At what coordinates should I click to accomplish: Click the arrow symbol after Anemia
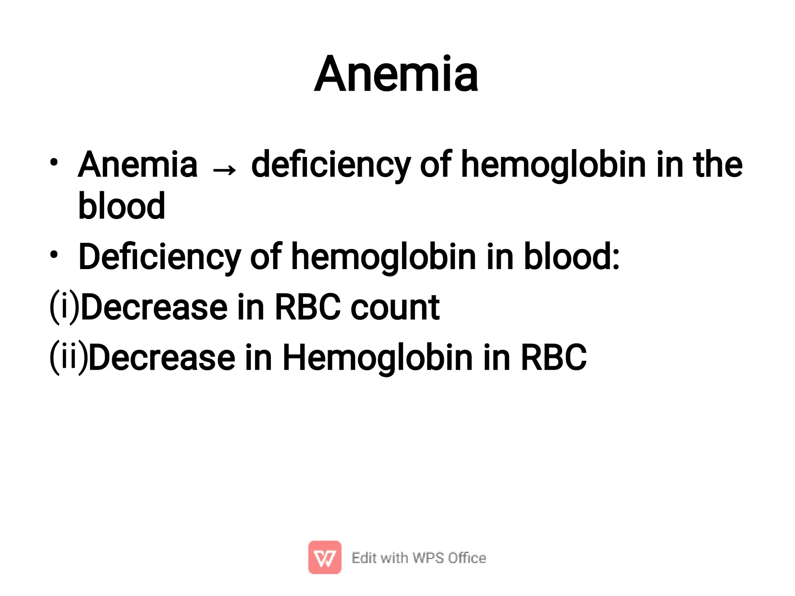tap(224, 170)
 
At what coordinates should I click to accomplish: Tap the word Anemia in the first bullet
tap(137, 165)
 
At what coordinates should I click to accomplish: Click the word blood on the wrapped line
tap(122, 206)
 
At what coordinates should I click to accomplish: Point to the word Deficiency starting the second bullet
tap(160, 257)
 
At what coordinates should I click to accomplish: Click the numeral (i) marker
tap(64, 307)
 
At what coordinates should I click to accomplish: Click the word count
tap(395, 308)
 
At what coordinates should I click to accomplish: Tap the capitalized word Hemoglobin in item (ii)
tap(377, 358)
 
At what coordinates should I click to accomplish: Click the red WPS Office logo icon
tap(325, 557)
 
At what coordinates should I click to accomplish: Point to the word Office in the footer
tap(467, 558)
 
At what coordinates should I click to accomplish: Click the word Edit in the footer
tap(364, 558)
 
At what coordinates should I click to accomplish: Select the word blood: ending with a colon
tap(571, 257)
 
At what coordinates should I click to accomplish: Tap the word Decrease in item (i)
tap(154, 308)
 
